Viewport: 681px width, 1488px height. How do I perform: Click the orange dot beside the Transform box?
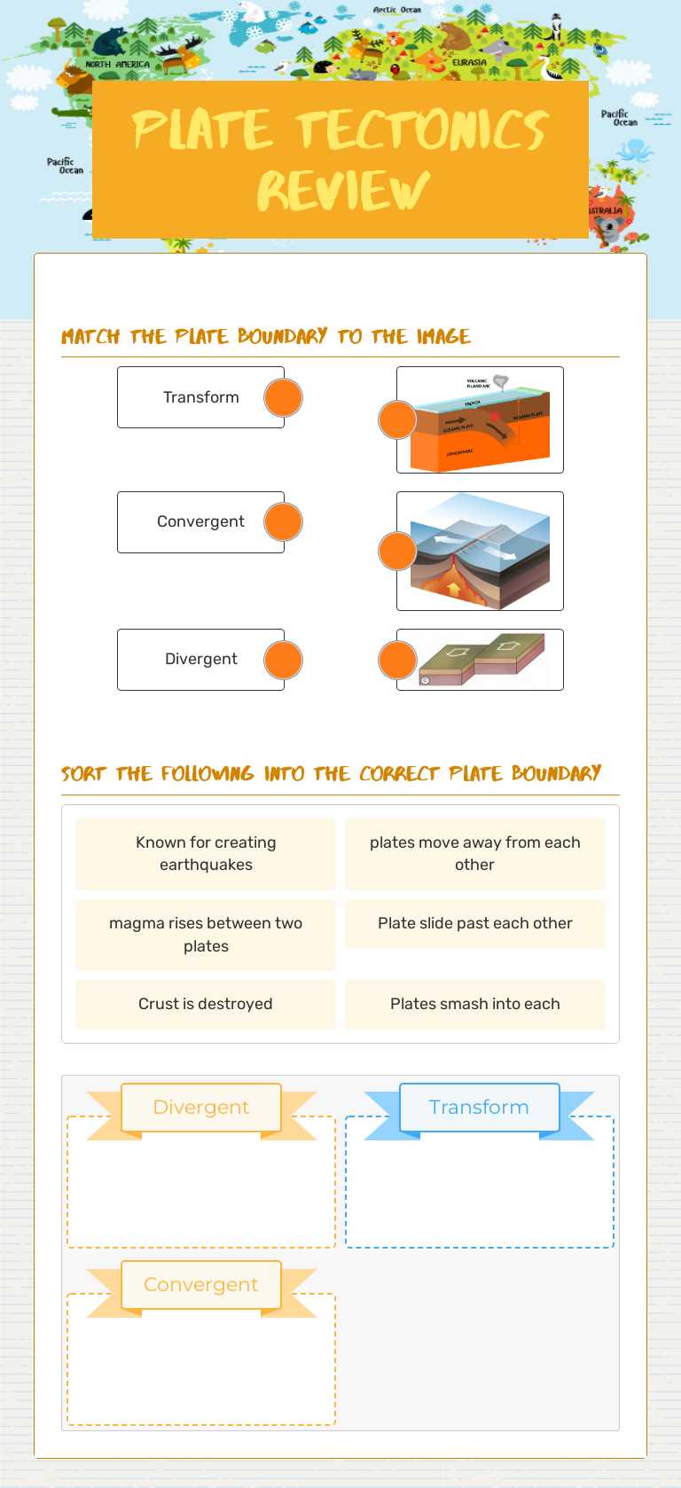283,398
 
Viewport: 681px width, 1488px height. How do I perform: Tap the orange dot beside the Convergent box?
283,522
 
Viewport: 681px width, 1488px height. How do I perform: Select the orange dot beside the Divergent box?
283,661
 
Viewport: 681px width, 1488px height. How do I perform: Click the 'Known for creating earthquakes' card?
206,854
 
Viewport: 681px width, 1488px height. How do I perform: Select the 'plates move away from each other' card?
474,854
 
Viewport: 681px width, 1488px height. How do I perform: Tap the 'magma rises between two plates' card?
206,935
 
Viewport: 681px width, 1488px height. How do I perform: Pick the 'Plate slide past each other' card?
474,924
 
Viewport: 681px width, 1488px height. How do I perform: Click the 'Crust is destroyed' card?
206,1004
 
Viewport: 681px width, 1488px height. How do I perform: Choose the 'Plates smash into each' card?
474,1004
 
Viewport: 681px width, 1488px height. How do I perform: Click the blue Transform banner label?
479,1108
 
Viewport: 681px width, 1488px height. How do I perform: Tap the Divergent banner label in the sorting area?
201,1108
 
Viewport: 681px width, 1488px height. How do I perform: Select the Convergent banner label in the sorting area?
201,1285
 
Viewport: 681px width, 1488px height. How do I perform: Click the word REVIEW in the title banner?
342,191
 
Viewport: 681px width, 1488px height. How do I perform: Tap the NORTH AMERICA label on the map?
117,65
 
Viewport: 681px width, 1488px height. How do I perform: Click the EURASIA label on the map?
469,63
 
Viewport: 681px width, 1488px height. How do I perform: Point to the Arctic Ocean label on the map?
396,11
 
